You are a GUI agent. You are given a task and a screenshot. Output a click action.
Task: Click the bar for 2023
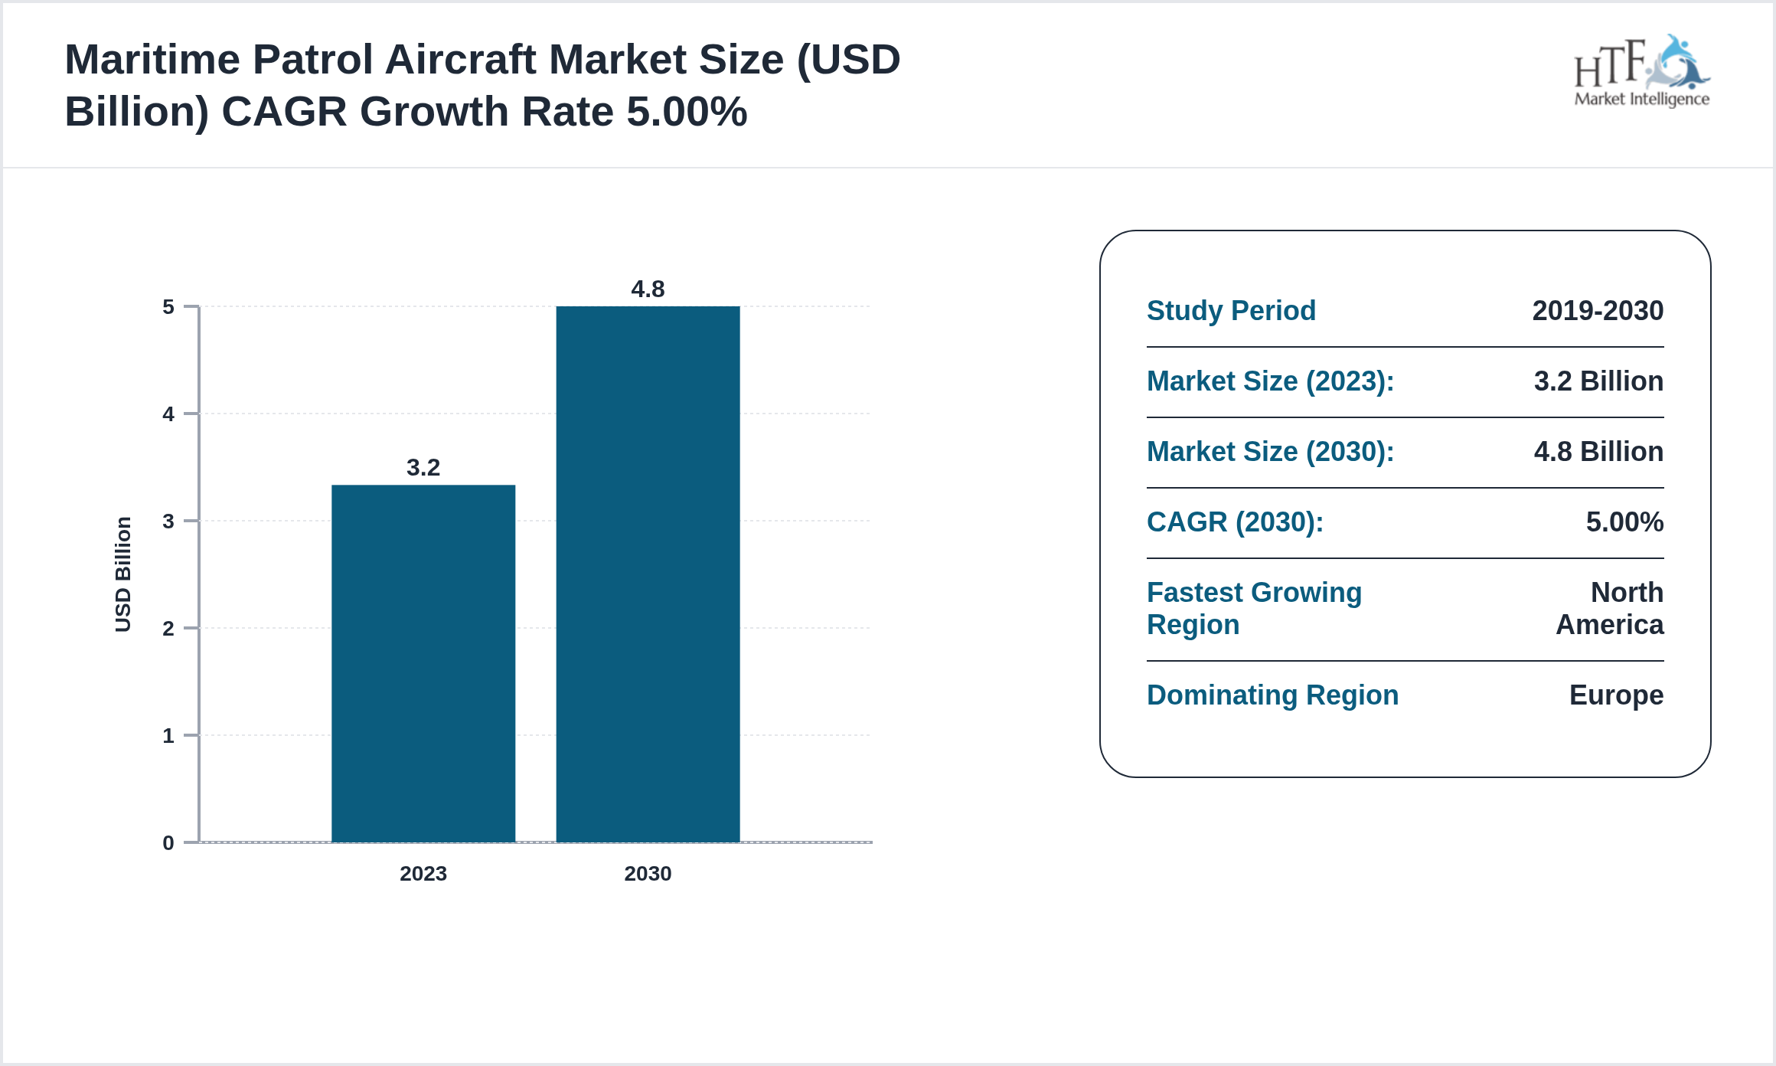(x=423, y=663)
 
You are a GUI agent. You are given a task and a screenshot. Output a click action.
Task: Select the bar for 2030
(x=648, y=574)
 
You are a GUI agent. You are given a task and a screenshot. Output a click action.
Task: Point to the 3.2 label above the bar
(x=423, y=467)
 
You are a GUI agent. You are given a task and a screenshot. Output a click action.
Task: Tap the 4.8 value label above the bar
(x=648, y=289)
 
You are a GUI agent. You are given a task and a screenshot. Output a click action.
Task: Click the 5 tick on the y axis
(x=168, y=307)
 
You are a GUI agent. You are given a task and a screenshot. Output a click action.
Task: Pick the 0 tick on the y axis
(x=168, y=843)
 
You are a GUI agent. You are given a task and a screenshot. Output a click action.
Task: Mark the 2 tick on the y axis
(x=168, y=629)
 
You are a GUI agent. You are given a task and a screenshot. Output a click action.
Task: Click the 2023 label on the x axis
(x=423, y=873)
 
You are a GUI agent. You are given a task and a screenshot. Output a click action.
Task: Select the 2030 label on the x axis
(x=648, y=873)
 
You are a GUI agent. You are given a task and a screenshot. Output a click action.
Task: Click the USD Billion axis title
(x=123, y=574)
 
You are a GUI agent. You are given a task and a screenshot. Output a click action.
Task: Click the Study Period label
(x=1231, y=310)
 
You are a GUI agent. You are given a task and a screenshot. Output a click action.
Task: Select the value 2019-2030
(x=1598, y=310)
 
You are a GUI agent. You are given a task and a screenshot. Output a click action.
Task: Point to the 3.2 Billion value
(x=1598, y=381)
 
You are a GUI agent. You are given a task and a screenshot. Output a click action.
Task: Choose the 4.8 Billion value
(x=1598, y=451)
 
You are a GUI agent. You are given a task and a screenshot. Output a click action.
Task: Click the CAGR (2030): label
(x=1235, y=522)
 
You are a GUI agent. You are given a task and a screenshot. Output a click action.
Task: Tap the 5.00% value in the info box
(x=1624, y=522)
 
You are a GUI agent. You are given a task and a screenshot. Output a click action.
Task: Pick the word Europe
(x=1616, y=695)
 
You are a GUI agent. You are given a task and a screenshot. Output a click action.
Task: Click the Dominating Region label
(x=1272, y=695)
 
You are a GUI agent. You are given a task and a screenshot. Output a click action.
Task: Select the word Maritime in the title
(x=152, y=60)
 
